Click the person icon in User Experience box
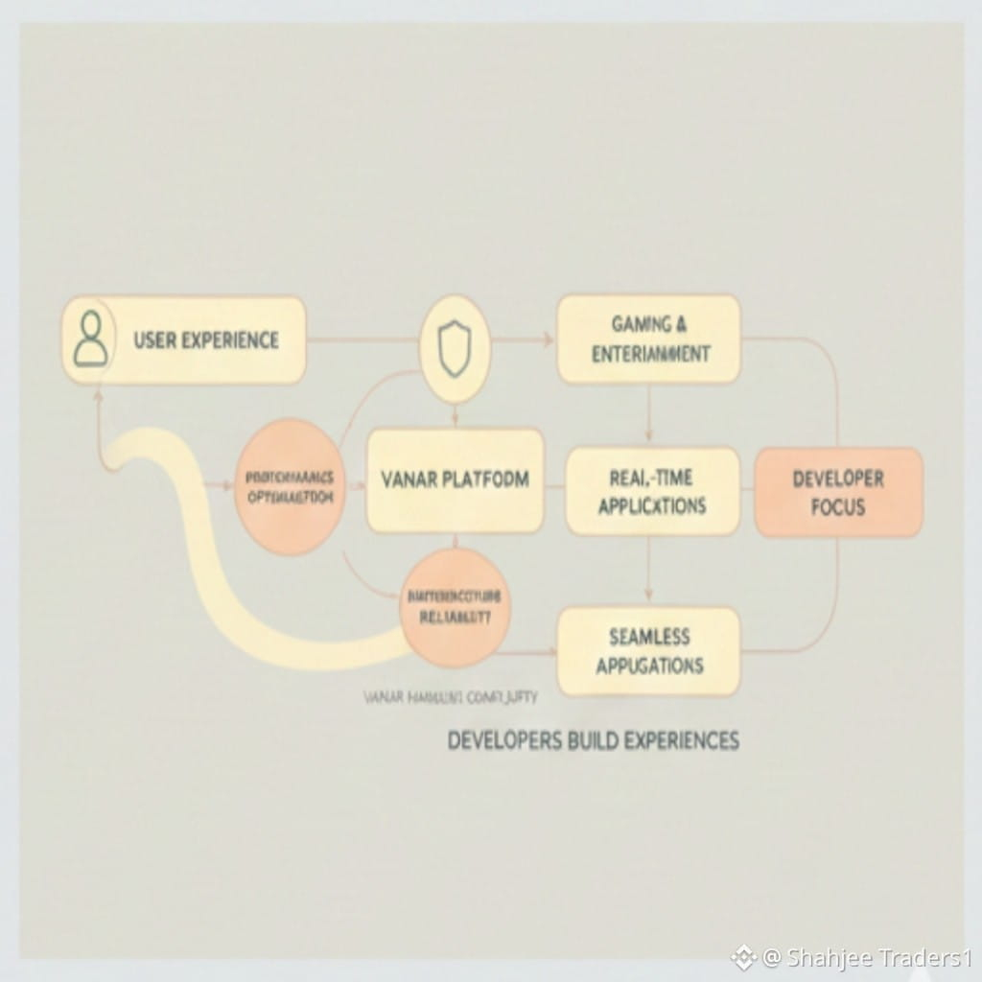click(x=91, y=340)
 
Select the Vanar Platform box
click(x=455, y=480)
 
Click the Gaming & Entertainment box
click(x=649, y=339)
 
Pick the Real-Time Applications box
click(x=652, y=491)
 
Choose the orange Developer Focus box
click(x=838, y=492)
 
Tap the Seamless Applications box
click(x=649, y=651)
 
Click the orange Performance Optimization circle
click(x=290, y=486)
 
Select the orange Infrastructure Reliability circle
click(x=455, y=607)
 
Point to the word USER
click(x=155, y=340)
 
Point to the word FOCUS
click(x=838, y=507)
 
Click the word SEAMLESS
click(x=649, y=637)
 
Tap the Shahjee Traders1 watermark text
click(x=868, y=957)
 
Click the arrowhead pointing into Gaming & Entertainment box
click(x=548, y=339)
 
